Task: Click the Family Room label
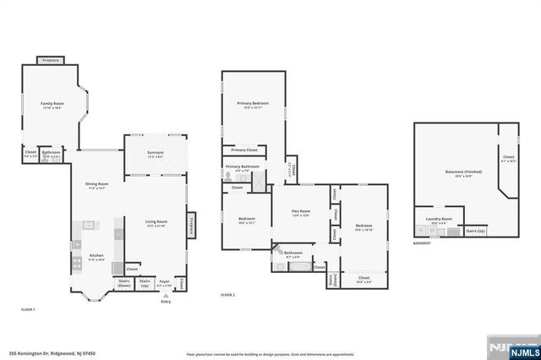pos(52,105)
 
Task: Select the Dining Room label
pos(96,185)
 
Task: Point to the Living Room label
pos(156,223)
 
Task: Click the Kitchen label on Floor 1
pos(96,258)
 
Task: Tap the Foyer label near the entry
pos(165,284)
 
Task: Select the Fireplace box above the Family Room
pos(51,60)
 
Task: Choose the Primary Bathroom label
pos(242,168)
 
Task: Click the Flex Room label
pos(301,213)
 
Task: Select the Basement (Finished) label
pos(463,173)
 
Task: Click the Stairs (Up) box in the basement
pos(475,231)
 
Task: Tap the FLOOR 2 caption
pos(227,295)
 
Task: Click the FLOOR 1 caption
pos(28,310)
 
